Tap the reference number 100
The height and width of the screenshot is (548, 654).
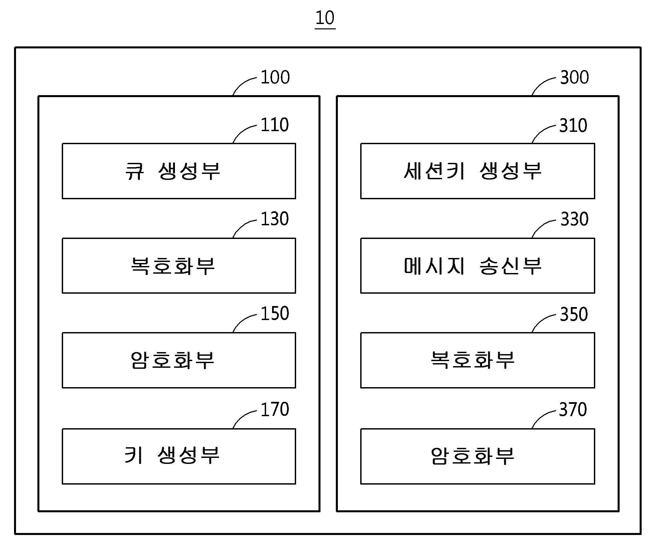pos(275,77)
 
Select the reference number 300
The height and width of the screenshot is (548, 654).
pos(574,77)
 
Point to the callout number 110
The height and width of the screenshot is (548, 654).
pos(274,125)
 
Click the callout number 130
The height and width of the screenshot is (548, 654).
pos(274,219)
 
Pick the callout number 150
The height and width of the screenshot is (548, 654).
pos(274,313)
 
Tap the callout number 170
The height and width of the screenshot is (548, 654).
pos(274,409)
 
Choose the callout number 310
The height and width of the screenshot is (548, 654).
pos(573,125)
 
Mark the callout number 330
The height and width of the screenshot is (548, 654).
pos(574,219)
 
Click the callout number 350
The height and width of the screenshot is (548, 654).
pos(574,314)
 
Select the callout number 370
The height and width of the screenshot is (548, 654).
pos(573,409)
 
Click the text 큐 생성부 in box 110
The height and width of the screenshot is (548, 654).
pos(173,171)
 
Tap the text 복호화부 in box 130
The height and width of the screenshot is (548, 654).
pos(173,266)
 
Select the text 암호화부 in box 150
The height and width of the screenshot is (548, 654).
pos(173,360)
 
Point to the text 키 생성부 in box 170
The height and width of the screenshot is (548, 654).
pos(172,455)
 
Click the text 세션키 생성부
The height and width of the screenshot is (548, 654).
pos(472,171)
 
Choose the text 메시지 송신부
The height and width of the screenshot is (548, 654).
pos(472,266)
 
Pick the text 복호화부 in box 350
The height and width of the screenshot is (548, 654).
pos(472,360)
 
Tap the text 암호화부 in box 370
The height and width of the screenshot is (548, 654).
pos(472,456)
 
